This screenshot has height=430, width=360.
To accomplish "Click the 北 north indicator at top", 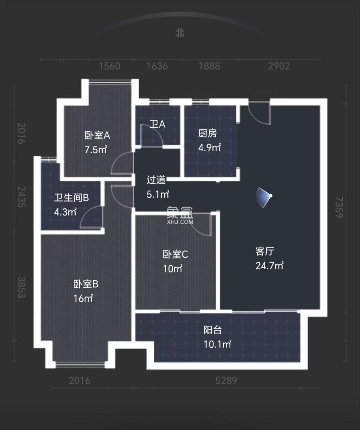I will [180, 33].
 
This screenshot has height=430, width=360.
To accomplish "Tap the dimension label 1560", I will [109, 66].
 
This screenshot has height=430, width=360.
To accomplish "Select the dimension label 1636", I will [157, 66].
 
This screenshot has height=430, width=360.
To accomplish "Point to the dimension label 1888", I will [209, 66].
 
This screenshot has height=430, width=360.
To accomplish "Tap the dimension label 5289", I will [226, 380].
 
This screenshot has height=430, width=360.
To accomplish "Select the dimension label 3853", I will [22, 287].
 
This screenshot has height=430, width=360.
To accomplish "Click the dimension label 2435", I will [22, 197].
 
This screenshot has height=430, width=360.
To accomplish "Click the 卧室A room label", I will [97, 136].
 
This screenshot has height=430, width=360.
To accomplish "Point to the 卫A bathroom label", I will [157, 125].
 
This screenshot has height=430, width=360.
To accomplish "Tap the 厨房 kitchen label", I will [208, 133].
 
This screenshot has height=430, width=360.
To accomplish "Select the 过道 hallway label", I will [156, 180].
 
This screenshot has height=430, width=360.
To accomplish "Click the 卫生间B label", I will [71, 198].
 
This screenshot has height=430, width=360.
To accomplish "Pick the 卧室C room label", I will [175, 254].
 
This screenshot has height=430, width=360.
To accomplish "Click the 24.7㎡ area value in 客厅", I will [269, 266].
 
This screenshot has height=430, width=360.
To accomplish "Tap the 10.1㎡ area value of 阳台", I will [217, 344].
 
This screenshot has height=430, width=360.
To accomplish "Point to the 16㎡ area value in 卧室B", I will [84, 298].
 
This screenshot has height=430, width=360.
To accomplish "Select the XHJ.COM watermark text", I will [180, 222].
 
